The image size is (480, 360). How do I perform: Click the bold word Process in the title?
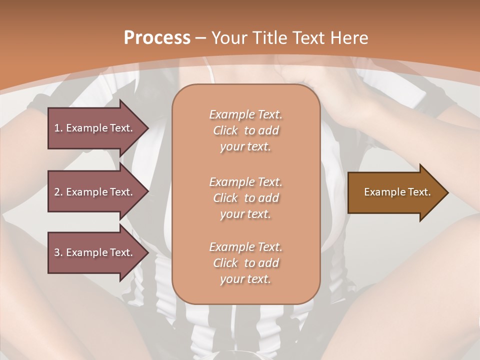[x=157, y=38]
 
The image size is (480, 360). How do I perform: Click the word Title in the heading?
[x=269, y=38]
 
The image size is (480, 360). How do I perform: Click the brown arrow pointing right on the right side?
[x=395, y=192]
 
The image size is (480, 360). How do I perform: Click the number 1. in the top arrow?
[x=58, y=128]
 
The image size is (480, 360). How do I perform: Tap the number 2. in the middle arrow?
[x=58, y=192]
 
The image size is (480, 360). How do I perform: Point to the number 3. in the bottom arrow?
[x=58, y=252]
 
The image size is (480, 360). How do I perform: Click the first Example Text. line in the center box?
[x=245, y=114]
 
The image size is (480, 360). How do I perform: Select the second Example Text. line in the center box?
[x=245, y=181]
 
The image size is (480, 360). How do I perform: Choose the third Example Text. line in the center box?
[x=245, y=247]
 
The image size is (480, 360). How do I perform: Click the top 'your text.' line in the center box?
[x=245, y=147]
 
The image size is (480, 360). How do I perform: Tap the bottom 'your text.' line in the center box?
[x=245, y=279]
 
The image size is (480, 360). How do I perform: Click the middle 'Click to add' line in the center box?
[x=245, y=198]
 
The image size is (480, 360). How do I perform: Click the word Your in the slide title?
[x=229, y=38]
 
